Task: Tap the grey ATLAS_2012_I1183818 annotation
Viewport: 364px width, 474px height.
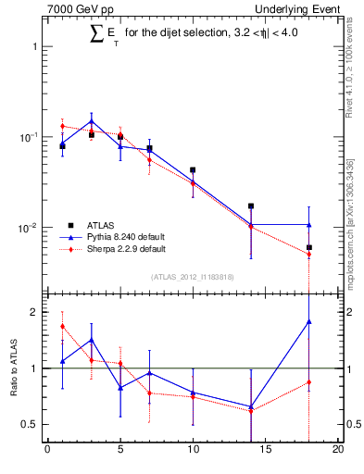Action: pyautogui.click(x=193, y=277)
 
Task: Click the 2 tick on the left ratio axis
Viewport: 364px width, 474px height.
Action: pyautogui.click(x=37, y=312)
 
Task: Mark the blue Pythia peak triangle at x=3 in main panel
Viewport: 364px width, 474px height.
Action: pyautogui.click(x=91, y=120)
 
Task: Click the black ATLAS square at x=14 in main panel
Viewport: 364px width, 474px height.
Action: pyautogui.click(x=251, y=206)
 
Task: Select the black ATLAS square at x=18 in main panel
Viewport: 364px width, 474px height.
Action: pyautogui.click(x=309, y=247)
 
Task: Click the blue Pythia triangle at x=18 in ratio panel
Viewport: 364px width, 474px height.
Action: pyautogui.click(x=309, y=321)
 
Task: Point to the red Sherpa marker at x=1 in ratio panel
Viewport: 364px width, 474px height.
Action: pyautogui.click(x=62, y=326)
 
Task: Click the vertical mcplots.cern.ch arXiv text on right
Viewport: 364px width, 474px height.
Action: pyautogui.click(x=348, y=218)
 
